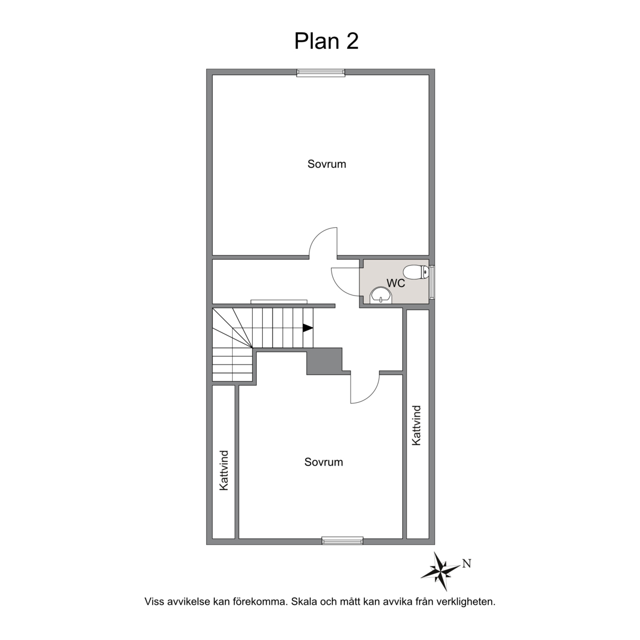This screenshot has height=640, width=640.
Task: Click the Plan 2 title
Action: pos(326,41)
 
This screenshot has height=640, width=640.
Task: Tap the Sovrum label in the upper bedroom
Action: pos(327,164)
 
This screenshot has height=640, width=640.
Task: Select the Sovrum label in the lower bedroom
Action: pos(324,462)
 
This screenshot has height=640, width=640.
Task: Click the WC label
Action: pos(396,283)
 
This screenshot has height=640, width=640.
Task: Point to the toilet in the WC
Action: pos(416,272)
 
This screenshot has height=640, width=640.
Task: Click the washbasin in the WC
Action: pos(381,295)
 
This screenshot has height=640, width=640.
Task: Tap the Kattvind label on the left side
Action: pos(224,470)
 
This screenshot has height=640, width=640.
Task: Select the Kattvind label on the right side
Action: pos(416,426)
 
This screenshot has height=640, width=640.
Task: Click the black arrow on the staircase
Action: pos(308,327)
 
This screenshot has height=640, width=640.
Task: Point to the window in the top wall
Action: pos(321,73)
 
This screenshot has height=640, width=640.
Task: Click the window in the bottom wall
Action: pos(342,541)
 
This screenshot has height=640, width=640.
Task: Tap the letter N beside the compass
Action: pos(467,564)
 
